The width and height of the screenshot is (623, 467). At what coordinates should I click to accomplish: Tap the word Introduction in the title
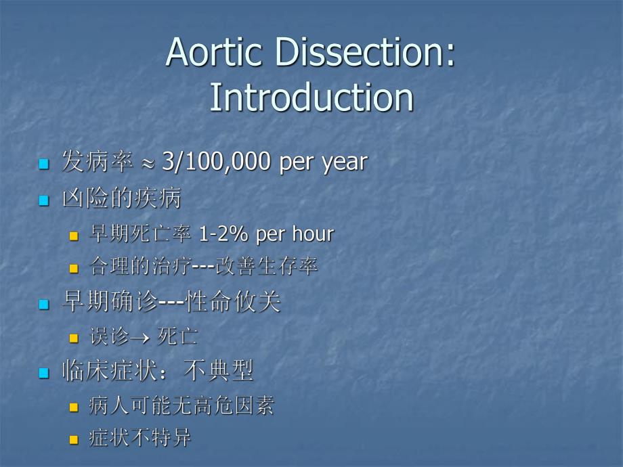point(311,97)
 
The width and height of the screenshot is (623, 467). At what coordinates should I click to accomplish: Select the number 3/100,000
point(217,162)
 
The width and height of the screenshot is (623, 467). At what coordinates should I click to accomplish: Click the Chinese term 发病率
point(96,162)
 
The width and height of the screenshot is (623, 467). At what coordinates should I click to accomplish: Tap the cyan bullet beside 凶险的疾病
point(44,200)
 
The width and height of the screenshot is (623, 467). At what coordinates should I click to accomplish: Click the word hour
point(312,234)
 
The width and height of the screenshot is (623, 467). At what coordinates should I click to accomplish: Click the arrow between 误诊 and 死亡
point(143,336)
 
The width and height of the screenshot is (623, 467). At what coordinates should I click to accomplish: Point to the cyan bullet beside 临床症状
point(44,372)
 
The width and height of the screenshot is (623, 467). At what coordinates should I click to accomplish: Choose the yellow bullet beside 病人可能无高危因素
point(74,407)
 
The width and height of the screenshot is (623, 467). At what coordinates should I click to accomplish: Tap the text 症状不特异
point(140,438)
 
